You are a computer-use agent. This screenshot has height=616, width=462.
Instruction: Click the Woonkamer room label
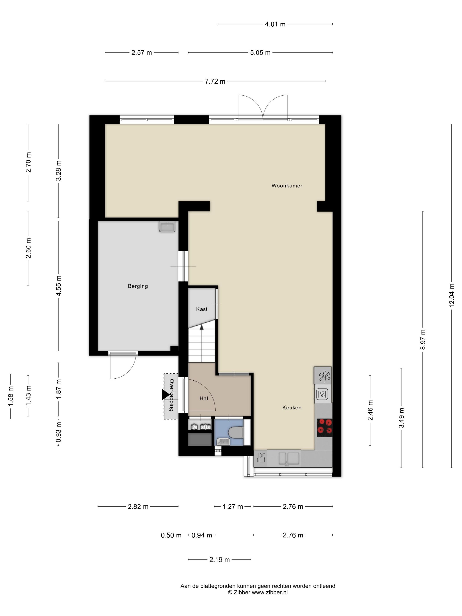(287, 186)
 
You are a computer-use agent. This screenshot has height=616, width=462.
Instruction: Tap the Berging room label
(138, 286)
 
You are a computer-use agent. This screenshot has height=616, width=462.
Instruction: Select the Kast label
(202, 309)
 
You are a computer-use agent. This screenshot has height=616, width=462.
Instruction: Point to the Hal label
(203, 398)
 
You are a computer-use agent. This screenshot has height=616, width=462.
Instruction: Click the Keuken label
(292, 407)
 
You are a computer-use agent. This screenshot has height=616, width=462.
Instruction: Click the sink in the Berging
(167, 227)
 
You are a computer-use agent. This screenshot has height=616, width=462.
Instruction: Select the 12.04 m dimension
(451, 295)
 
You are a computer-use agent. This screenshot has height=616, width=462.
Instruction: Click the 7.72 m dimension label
(215, 82)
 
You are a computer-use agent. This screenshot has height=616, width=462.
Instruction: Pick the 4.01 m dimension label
(275, 24)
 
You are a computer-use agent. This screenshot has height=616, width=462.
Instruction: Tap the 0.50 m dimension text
(171, 535)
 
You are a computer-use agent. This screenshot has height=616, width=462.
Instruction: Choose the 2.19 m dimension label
(219, 559)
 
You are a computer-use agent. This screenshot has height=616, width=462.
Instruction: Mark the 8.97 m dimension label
(423, 339)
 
